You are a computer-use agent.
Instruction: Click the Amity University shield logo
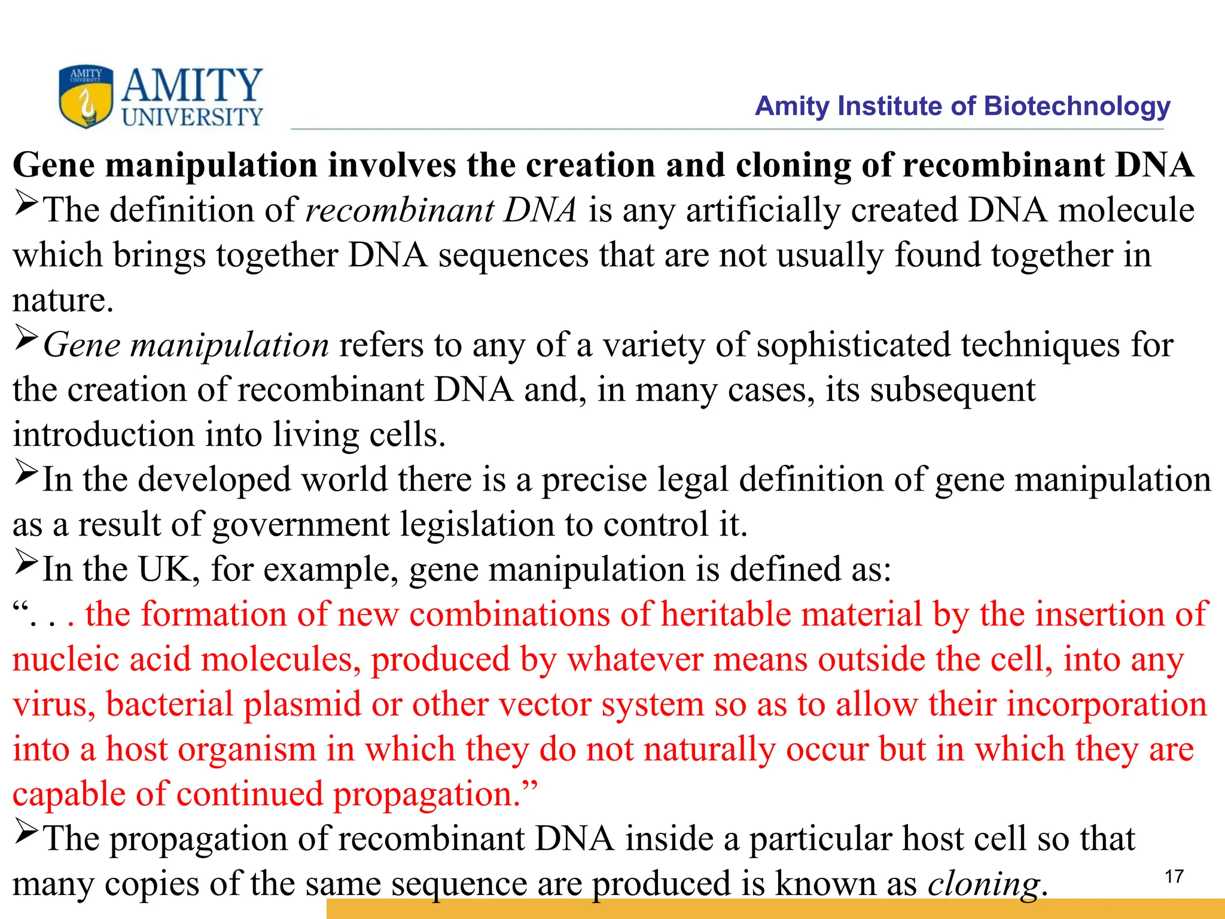[86, 96]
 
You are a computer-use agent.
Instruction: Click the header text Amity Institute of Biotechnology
[962, 106]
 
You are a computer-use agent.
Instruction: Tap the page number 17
[1174, 877]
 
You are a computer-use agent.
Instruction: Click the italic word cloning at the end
[983, 884]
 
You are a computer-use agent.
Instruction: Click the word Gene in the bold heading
[54, 165]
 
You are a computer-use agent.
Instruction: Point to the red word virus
[54, 705]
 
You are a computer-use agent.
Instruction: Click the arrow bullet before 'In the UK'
[26, 564]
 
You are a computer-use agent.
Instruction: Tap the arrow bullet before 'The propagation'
[26, 833]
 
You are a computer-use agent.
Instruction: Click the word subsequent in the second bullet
[952, 390]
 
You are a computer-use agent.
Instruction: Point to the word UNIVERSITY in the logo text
[193, 117]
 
